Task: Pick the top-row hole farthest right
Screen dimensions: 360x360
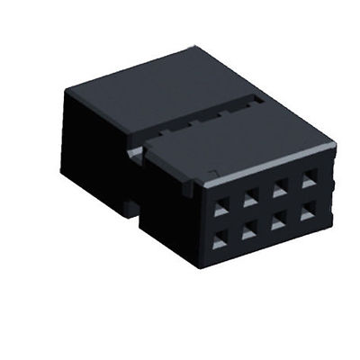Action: coord(309,180)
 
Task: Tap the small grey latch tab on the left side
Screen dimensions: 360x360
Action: coord(135,155)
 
